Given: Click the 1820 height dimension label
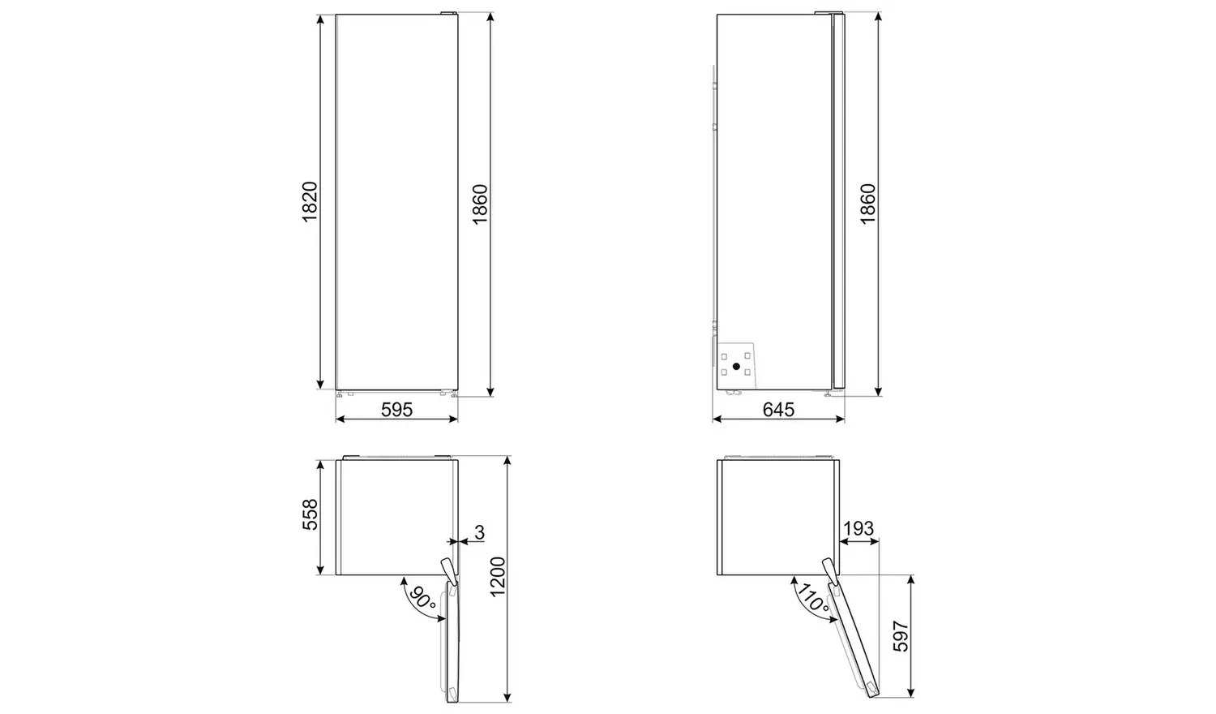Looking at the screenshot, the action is pos(310,201).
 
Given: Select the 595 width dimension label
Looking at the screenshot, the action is pos(397,410).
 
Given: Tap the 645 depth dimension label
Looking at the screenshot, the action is pos(778,410).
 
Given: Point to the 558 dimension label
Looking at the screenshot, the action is pos(310,514).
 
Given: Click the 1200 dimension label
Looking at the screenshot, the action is pos(498,577).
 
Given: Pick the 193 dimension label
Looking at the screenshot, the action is pos(858,528).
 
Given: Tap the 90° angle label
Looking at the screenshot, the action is pos(422,598).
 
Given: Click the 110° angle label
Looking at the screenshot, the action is pos(812,598).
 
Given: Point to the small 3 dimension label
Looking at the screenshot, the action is pos(479,532).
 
